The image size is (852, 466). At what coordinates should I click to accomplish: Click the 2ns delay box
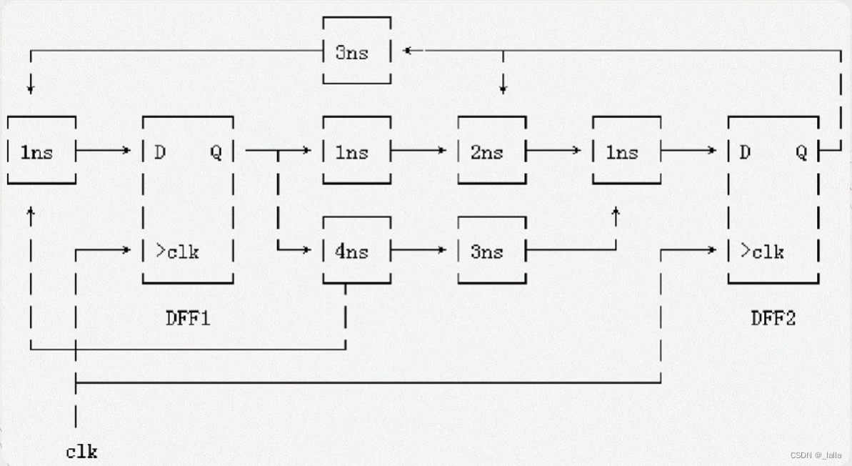click(x=492, y=152)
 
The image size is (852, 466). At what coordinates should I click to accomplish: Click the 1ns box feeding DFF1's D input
click(x=41, y=152)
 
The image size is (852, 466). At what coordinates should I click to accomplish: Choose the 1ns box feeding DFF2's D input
click(x=626, y=152)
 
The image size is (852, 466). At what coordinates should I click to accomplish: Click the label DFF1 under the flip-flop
click(x=188, y=318)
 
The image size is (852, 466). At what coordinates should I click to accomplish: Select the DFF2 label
click(x=773, y=318)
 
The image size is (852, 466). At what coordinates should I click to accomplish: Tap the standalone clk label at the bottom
click(x=81, y=452)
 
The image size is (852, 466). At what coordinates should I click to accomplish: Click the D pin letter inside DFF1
click(x=160, y=152)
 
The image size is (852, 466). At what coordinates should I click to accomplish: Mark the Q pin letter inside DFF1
click(x=215, y=152)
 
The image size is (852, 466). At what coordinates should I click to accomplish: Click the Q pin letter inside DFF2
click(x=801, y=152)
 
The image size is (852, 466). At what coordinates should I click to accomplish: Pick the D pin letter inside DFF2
click(x=745, y=152)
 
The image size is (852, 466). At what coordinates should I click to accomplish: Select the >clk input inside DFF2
click(x=762, y=252)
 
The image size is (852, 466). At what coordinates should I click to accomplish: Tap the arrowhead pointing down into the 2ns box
click(x=503, y=89)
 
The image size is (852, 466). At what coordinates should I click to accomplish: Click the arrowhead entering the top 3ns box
click(x=407, y=50)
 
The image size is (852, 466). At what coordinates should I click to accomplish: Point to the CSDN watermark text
click(x=816, y=455)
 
